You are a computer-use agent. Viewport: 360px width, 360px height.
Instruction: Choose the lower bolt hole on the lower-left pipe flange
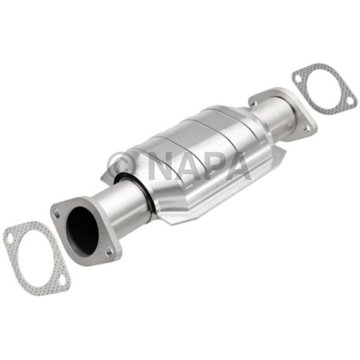pyautogui.click(x=109, y=251)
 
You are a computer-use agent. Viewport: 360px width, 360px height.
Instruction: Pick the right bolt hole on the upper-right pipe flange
pyautogui.click(x=307, y=129)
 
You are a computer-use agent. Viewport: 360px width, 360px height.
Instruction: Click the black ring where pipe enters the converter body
pyautogui.click(x=139, y=196)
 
